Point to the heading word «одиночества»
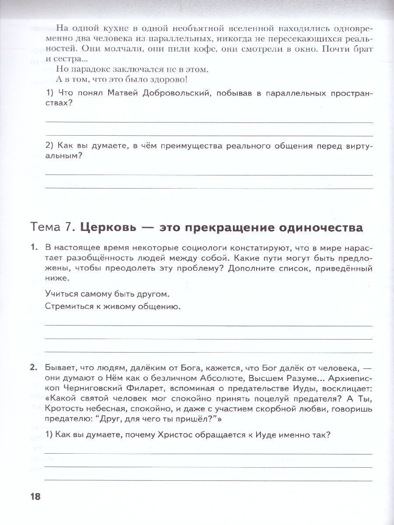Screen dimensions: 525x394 [x=320, y=227]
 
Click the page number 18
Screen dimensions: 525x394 [x=35, y=497]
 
